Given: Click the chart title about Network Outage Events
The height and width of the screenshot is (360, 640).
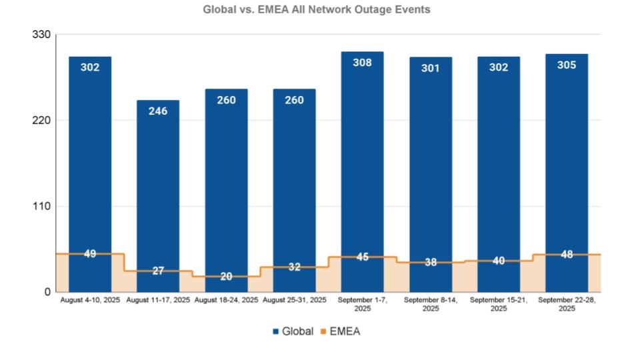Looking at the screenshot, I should pyautogui.click(x=317, y=10).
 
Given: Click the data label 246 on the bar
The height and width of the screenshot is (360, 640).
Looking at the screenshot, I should pyautogui.click(x=158, y=111).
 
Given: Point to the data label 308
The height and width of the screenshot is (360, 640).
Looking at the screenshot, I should pyautogui.click(x=363, y=63).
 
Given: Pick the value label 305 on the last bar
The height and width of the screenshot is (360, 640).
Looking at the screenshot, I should pyautogui.click(x=567, y=65).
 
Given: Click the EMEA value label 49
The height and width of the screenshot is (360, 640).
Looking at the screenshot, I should pyautogui.click(x=90, y=254).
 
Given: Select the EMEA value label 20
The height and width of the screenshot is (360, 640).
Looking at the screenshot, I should pyautogui.click(x=227, y=277).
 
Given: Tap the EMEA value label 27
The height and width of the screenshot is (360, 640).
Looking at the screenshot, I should pyautogui.click(x=158, y=271).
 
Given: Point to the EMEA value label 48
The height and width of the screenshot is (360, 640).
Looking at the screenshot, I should pyautogui.click(x=567, y=255).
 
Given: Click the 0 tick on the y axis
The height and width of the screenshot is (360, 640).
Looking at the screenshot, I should pyautogui.click(x=47, y=292).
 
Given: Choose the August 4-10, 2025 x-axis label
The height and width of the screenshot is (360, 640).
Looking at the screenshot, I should pyautogui.click(x=90, y=301).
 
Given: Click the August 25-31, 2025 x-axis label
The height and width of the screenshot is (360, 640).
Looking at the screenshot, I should pyautogui.click(x=295, y=301).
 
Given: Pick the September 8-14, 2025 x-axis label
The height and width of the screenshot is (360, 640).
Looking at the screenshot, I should pyautogui.click(x=431, y=305).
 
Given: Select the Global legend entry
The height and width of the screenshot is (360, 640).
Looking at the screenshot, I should pyautogui.click(x=293, y=331).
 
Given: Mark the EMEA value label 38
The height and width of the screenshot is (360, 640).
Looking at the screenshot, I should pyautogui.click(x=431, y=263).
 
